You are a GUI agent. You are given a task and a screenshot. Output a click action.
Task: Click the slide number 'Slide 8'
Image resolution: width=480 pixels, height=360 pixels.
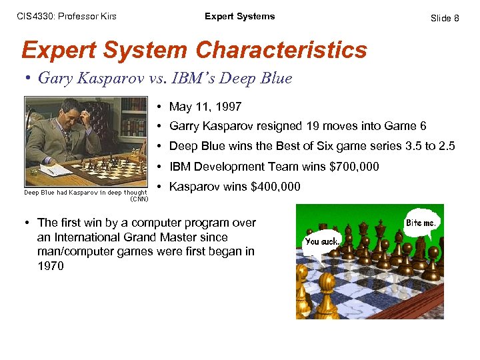[x=445, y=18]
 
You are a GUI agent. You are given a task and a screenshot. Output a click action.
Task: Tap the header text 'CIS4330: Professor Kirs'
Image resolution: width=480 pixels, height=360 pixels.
[x=67, y=17]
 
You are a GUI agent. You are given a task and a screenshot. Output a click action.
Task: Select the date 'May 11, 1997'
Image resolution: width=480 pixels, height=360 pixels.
[x=205, y=107]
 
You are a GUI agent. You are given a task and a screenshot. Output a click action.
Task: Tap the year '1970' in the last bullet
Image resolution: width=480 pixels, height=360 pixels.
[x=51, y=266]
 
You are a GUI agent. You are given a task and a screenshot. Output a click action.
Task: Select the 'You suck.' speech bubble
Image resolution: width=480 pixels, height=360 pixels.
[x=322, y=242]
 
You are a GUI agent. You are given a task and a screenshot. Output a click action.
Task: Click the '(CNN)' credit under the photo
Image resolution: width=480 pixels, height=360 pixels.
[x=139, y=199]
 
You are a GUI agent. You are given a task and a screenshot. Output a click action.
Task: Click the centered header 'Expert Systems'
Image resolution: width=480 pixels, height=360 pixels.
[x=239, y=17]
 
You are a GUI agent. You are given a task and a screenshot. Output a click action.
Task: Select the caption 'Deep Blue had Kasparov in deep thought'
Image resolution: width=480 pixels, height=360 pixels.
[x=85, y=193]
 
